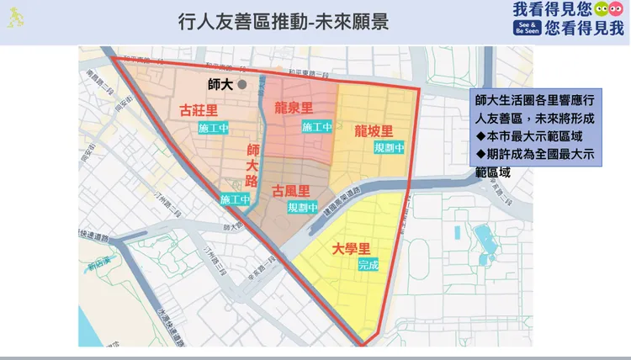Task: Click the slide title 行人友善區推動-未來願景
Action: [x=284, y=21]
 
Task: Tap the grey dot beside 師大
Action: [x=241, y=84]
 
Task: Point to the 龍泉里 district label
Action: [x=294, y=107]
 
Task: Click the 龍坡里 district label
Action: [x=374, y=131]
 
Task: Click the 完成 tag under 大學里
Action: [x=369, y=264]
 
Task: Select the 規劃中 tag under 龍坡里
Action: [x=390, y=147]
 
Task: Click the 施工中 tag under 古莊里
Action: [x=214, y=128]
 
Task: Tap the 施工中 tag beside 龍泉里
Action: [x=316, y=127]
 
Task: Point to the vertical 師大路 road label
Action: [x=252, y=164]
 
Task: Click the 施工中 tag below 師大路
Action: [x=236, y=199]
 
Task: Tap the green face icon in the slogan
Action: [x=602, y=10]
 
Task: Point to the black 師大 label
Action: [x=220, y=84]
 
